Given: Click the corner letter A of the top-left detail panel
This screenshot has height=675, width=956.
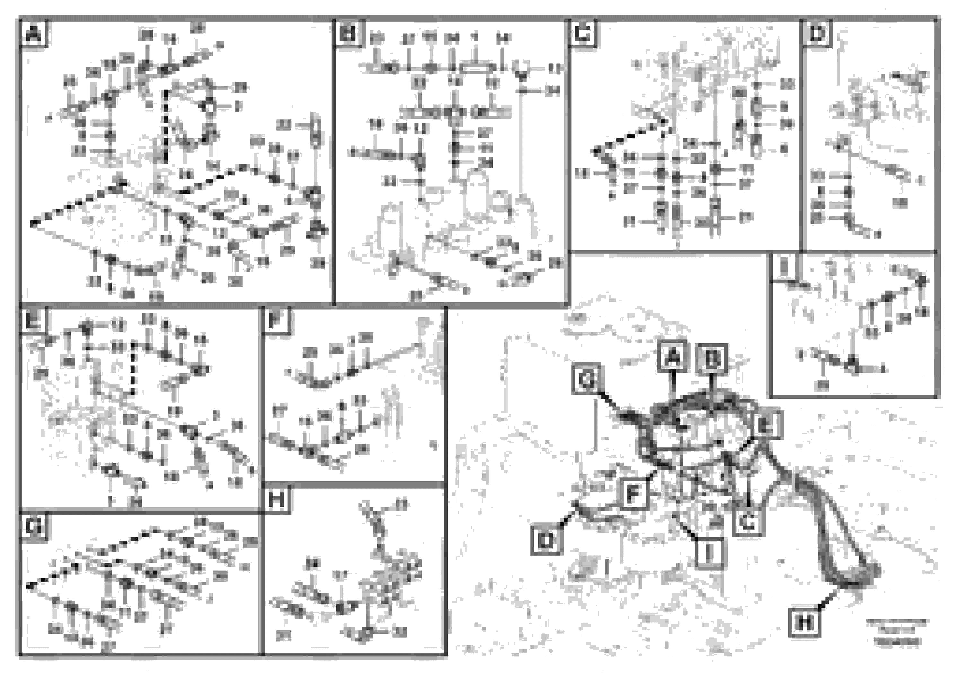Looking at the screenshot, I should point(33,33).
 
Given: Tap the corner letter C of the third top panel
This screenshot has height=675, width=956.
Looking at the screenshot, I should point(583,33).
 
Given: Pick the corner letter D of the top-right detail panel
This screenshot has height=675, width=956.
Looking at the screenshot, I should point(817,33).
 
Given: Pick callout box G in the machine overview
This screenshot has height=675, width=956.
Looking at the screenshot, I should point(586,379).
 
